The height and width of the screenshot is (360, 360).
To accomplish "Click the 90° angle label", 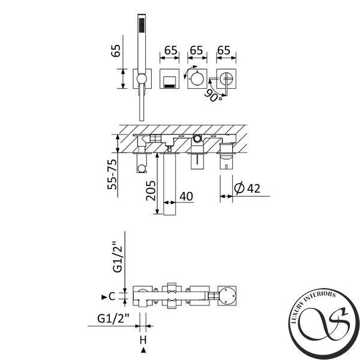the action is coord(213,96).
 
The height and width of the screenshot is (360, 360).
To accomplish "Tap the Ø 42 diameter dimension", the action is coord(247,188).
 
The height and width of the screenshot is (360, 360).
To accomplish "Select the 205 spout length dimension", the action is coord(151,191).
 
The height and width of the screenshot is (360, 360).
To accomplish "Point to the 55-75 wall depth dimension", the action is coord(112,175).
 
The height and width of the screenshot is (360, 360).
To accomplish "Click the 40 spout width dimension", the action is coord(186,197).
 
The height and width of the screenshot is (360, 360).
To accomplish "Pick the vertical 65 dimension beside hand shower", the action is coord(115,51).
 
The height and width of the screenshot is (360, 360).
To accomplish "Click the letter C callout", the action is coord(112,296).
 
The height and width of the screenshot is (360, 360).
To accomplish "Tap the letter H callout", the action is coord(143,340).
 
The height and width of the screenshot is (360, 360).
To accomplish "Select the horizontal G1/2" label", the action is coord(113,319).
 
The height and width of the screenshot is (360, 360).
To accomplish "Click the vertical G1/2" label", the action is coord(118,257).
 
